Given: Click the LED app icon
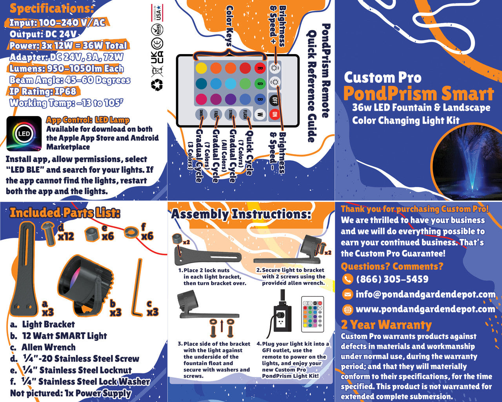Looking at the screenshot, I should (24, 134).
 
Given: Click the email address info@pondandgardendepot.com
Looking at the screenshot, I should (425, 294).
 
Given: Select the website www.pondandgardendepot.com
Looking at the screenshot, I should (425, 309).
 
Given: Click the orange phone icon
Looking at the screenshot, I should (347, 279).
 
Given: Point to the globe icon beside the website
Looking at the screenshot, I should (347, 309).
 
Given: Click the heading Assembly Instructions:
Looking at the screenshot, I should (241, 214).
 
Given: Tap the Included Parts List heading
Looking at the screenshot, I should (65, 213).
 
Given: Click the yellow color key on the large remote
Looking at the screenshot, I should (201, 68).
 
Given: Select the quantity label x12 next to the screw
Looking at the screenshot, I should (66, 236).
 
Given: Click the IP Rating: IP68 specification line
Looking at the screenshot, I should (42, 92).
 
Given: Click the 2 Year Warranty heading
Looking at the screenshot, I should (386, 325).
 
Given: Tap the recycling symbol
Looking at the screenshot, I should (157, 84).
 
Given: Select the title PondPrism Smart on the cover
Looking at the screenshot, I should (418, 94).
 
